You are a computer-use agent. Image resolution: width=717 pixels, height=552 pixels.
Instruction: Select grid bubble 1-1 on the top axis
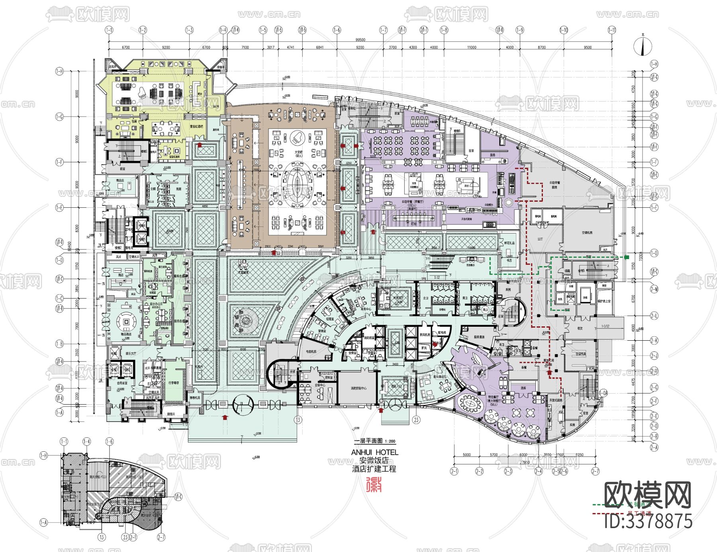[109, 30]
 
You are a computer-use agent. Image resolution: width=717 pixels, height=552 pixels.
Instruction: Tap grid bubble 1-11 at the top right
[612, 30]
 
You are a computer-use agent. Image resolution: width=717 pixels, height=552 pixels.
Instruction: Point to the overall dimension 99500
[360, 40]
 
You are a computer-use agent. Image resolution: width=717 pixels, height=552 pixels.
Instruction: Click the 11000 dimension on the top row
[472, 47]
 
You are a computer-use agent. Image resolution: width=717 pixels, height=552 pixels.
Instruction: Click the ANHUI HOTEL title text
[374, 453]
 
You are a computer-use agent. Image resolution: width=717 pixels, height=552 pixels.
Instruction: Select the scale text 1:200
[390, 441]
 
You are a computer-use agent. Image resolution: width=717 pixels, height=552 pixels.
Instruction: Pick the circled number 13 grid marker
[298, 419]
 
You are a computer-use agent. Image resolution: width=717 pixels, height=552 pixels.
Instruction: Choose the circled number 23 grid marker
[416, 419]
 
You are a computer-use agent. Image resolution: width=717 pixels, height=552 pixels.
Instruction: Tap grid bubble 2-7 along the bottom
[595, 471]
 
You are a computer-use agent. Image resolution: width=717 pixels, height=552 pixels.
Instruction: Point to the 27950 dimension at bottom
[524, 462]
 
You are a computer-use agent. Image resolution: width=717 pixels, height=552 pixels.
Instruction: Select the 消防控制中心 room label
[358, 388]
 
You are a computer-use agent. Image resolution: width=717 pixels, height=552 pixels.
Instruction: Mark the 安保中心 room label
[320, 385]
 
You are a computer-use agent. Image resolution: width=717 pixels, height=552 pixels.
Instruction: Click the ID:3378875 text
[648, 521]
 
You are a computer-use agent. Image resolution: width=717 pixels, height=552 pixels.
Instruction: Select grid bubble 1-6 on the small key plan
[110, 441]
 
